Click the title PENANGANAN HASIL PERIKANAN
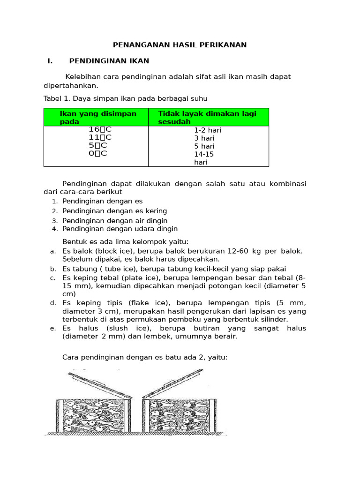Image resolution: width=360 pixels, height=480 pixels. pos(180,45)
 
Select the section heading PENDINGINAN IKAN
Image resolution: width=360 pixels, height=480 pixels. pos(109,61)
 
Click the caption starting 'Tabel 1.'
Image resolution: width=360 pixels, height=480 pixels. pos(125,98)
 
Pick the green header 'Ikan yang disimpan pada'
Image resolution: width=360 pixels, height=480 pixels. pos(98,117)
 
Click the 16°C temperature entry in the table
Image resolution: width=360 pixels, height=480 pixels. pos(100,129)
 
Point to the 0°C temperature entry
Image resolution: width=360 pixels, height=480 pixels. pos(98,153)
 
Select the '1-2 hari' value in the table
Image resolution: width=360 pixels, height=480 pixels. pos(208,130)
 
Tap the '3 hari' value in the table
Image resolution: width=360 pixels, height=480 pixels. pos(204,138)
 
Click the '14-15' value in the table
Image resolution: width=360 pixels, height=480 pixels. pos(204,154)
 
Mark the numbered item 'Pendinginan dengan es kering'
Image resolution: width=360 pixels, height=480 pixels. pos(114,211)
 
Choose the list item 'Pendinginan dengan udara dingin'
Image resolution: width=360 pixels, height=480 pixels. pos(120,229)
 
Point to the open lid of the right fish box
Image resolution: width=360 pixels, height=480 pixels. pos(173,383)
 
